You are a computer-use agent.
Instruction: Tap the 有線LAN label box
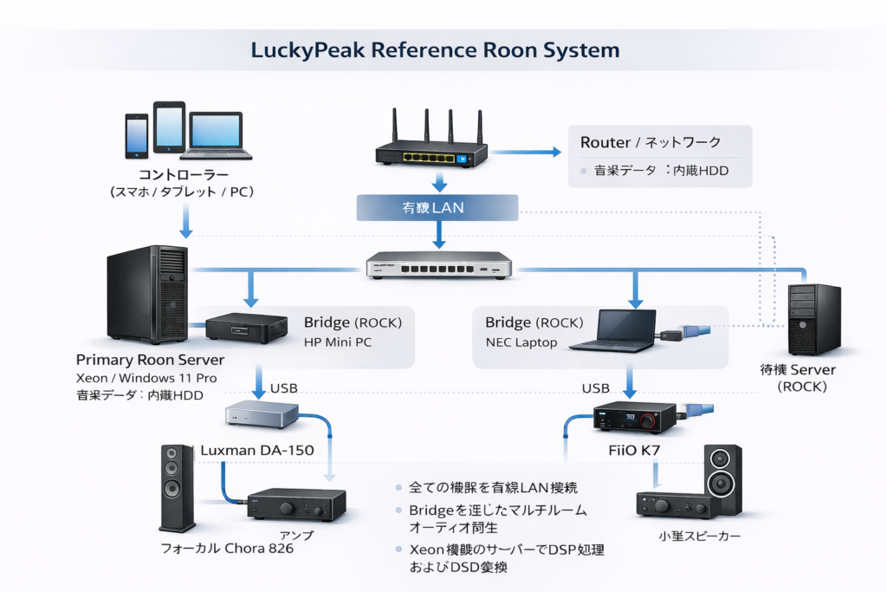(437, 208)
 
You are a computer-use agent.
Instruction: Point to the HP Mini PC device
(246, 328)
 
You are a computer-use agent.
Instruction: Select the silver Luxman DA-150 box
(262, 414)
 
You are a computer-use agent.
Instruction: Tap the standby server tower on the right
(814, 318)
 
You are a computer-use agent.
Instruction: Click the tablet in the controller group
(170, 128)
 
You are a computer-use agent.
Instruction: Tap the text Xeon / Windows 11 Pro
(146, 378)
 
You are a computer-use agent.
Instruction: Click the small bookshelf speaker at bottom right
(722, 480)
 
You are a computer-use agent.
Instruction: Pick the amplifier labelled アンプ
(297, 505)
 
